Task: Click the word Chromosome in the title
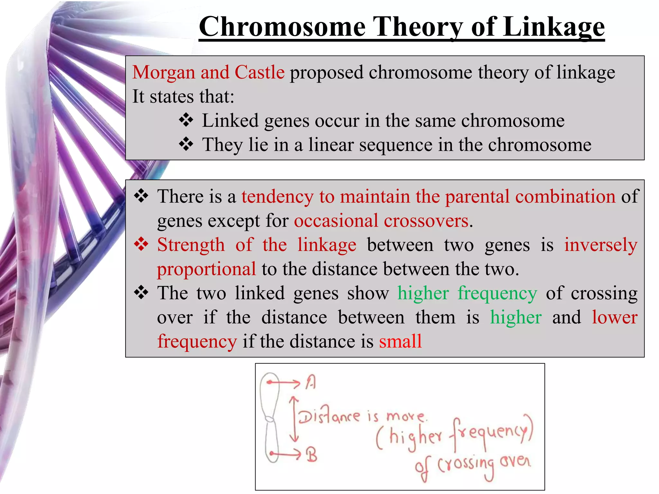[282, 27]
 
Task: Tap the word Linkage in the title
[553, 27]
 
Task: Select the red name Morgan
[163, 72]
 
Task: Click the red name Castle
[259, 72]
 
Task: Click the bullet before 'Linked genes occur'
[186, 120]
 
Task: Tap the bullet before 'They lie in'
[186, 144]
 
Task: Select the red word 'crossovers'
[426, 221]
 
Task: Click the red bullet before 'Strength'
[141, 244]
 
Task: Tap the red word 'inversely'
[601, 245]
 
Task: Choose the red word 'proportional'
[206, 269]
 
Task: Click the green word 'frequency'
[497, 294]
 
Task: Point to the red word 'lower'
[615, 317]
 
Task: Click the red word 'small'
[400, 341]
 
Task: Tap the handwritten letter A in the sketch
[311, 382]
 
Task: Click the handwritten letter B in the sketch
[311, 455]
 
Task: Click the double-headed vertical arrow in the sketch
[294, 419]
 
